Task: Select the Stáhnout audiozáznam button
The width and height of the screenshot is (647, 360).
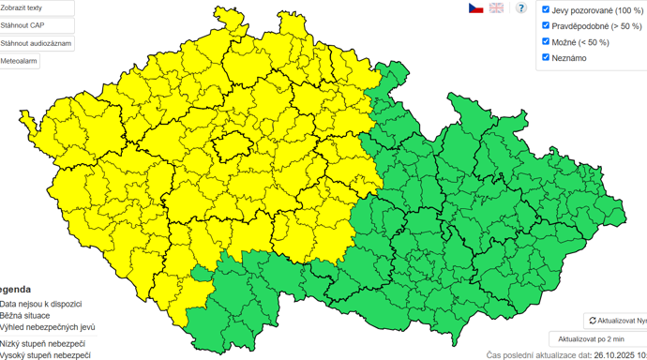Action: (x=36, y=43)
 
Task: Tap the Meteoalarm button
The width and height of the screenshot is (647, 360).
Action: (x=20, y=61)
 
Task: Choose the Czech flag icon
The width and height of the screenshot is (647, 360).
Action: (x=476, y=8)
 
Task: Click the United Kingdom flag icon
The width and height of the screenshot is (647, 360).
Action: (x=496, y=8)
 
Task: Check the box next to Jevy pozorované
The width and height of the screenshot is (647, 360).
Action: (x=546, y=9)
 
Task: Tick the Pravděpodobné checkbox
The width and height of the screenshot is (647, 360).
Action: (x=546, y=25)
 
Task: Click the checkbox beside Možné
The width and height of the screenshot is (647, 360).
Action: (x=546, y=41)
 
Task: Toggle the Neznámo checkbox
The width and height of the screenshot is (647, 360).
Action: (x=546, y=57)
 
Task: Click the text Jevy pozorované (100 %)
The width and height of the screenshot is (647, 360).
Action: (x=597, y=10)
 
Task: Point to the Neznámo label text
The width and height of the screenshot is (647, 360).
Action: (x=569, y=58)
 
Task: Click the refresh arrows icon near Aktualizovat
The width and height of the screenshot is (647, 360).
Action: (x=593, y=321)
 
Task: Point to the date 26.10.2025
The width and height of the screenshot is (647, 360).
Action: (x=615, y=355)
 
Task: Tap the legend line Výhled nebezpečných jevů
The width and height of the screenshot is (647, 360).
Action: (x=47, y=328)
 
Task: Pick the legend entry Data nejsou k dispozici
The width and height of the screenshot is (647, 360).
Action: (x=41, y=304)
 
